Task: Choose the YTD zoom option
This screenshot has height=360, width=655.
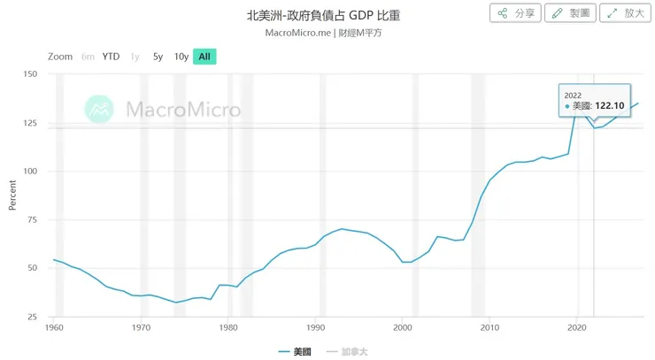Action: pos(111,57)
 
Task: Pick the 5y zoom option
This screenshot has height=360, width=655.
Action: pos(158,57)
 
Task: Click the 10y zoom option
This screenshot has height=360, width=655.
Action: pos(181,57)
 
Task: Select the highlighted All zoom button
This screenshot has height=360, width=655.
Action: pos(204,57)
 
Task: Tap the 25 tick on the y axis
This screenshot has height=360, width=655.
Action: pos(32,317)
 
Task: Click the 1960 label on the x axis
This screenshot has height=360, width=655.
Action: pos(55,327)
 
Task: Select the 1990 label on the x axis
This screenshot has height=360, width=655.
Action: pos(316,327)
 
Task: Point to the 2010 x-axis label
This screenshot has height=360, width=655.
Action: pos(489,327)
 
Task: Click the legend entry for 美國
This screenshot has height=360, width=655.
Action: pos(298,351)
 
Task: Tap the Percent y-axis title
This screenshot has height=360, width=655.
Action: pos(12,195)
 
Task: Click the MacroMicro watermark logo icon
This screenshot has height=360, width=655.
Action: pos(99,109)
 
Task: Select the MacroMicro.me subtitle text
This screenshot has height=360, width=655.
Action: pos(297,33)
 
